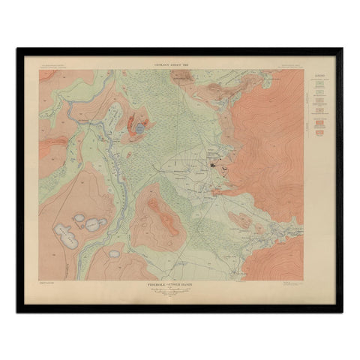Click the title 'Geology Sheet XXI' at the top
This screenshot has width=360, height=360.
pos(164,65)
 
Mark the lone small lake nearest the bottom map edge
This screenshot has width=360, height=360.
pos(114,253)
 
